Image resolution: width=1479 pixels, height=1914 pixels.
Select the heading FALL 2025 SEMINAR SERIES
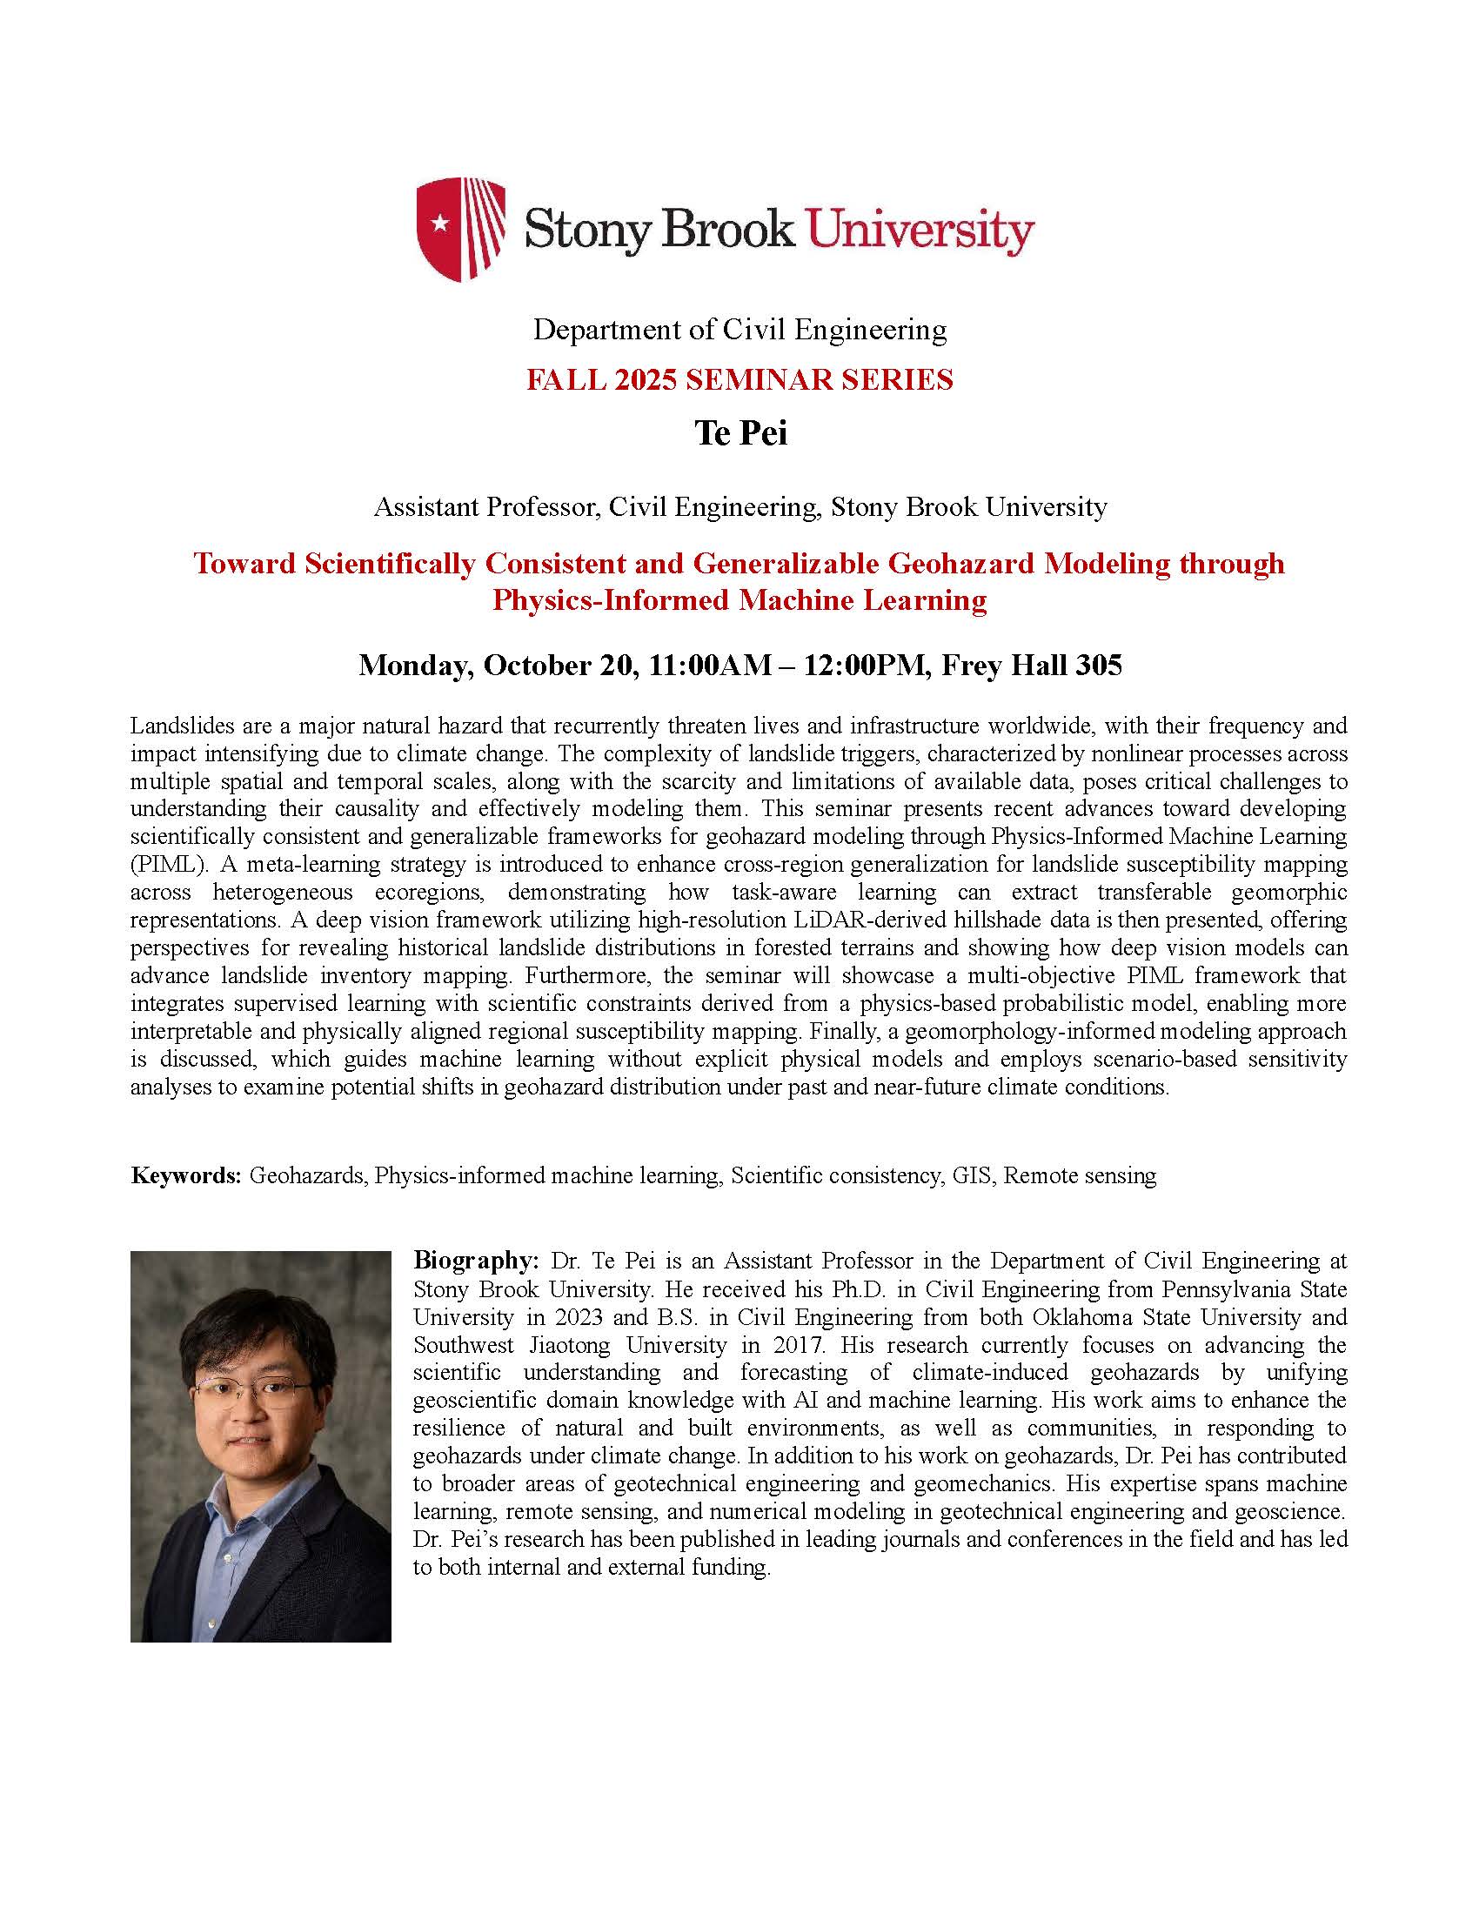tap(739, 379)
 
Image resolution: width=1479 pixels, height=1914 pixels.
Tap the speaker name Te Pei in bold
tap(740, 433)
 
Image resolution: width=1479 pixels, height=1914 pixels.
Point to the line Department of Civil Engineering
tap(739, 330)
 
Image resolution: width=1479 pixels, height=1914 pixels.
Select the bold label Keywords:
tap(186, 1175)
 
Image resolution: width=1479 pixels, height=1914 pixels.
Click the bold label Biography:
tap(476, 1261)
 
